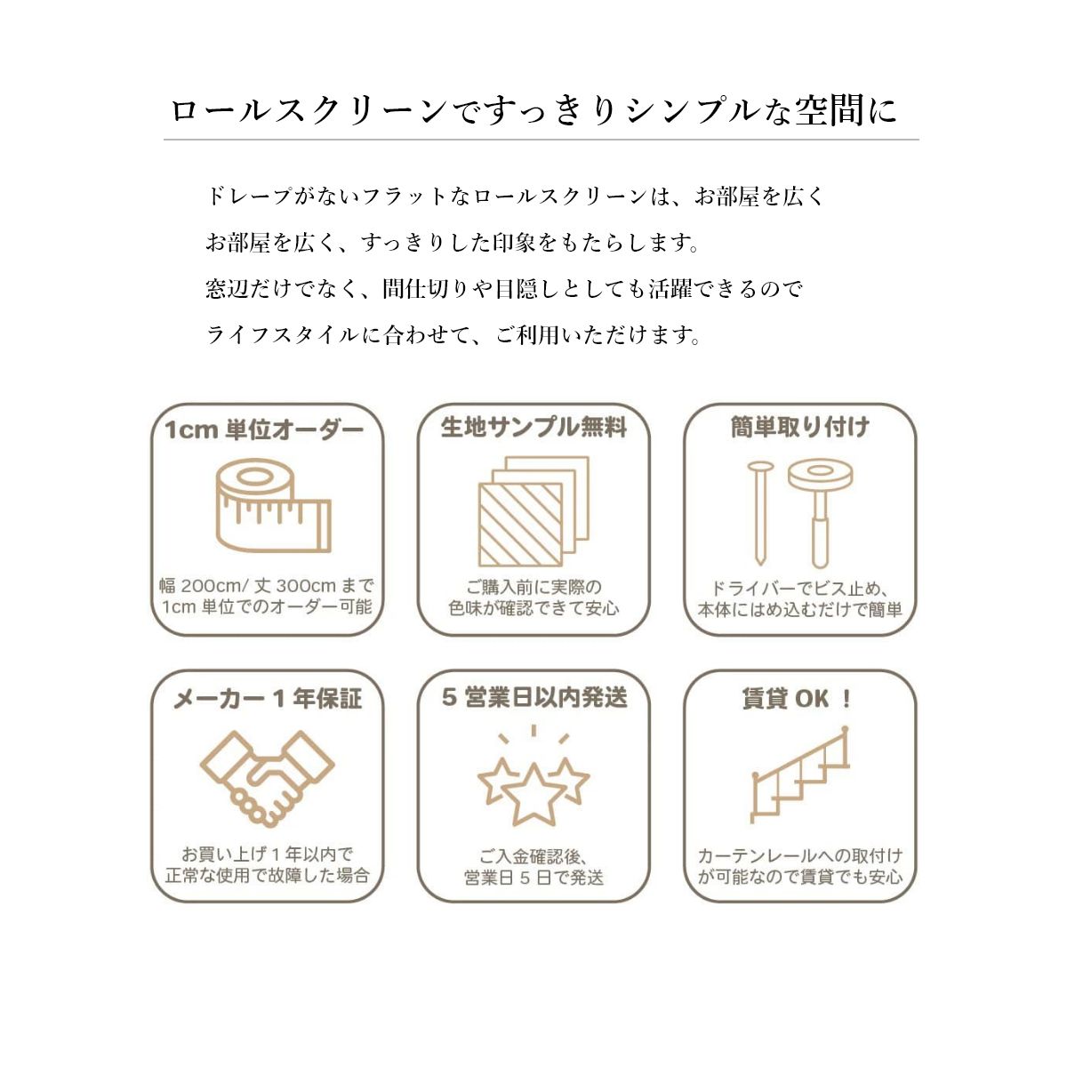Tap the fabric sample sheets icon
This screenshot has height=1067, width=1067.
(x=533, y=512)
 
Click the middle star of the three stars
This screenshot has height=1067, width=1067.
(x=533, y=793)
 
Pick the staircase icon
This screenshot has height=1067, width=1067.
(x=799, y=774)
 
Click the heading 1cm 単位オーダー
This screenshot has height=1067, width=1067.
(x=264, y=430)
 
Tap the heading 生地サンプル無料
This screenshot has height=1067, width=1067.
(x=533, y=428)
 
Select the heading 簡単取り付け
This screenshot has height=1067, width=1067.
(x=799, y=428)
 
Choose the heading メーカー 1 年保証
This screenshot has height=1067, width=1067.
(x=267, y=699)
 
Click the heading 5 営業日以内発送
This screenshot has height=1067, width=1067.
(x=534, y=698)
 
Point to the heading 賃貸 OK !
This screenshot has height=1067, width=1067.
(x=798, y=699)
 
